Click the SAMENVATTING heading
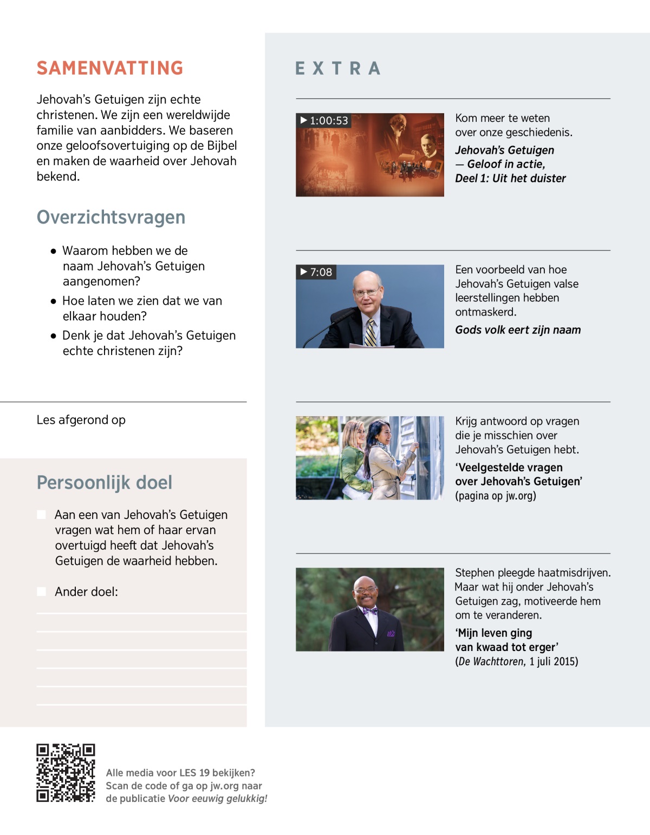point(110,68)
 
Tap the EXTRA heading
point(338,69)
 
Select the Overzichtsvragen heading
point(111,217)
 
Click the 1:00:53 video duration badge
point(324,121)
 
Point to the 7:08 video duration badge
point(316,272)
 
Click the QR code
point(66,773)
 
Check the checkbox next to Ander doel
point(41,591)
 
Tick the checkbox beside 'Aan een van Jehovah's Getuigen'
point(41,515)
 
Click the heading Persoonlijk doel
point(105,482)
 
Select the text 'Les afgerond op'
point(81,420)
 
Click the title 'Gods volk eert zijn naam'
point(518,330)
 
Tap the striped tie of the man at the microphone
point(370,332)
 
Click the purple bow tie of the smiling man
point(370,612)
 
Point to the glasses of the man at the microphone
point(366,293)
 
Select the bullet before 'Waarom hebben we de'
point(53,251)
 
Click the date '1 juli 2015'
point(554,661)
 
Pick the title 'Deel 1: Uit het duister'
point(510,179)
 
